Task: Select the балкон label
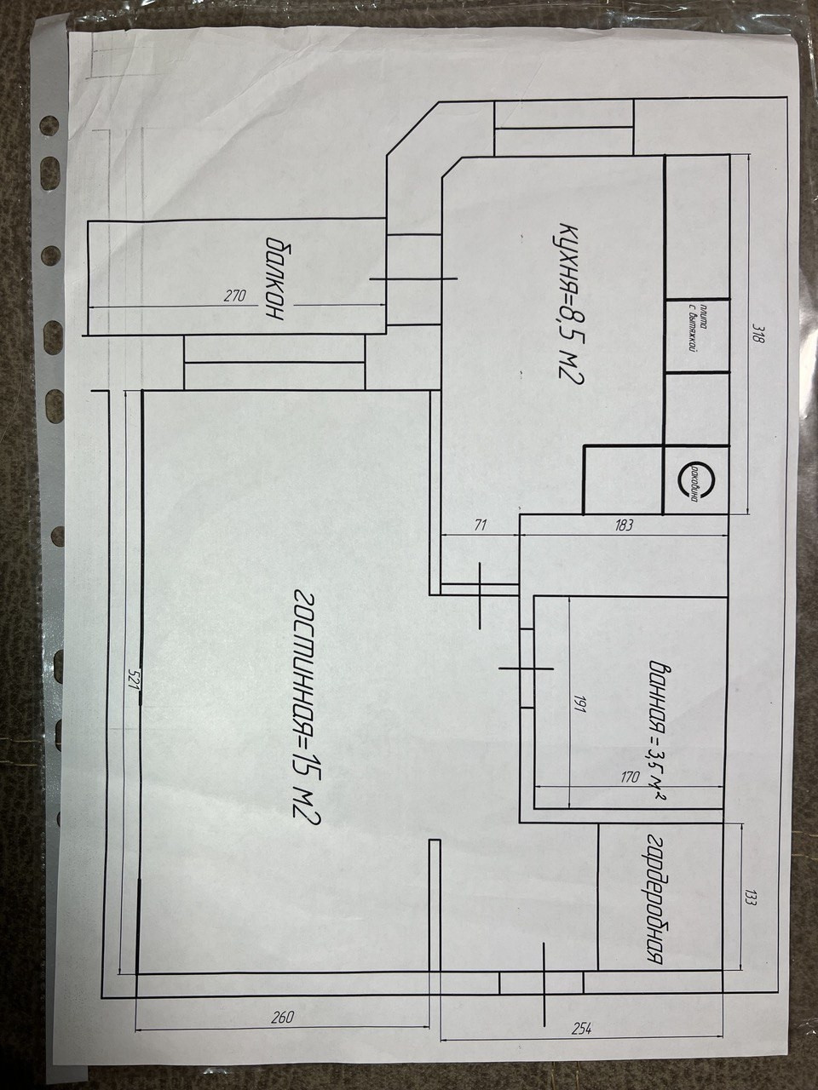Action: [x=274, y=278]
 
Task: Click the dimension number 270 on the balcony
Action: [x=234, y=297]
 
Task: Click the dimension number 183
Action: [x=623, y=525]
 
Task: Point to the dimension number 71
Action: [x=480, y=525]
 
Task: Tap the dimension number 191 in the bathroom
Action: [x=579, y=703]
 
